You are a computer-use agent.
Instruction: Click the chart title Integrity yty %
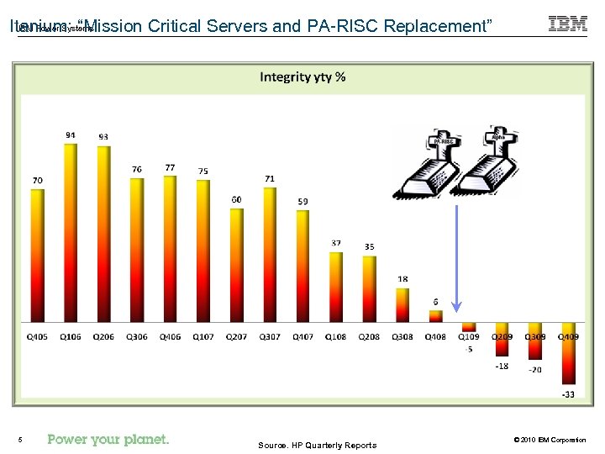[302, 77]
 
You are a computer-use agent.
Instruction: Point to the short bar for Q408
[435, 316]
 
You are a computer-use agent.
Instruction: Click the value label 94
[71, 135]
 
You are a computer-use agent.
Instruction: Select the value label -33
[569, 393]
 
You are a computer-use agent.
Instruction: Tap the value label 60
[236, 199]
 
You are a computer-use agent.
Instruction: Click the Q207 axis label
[236, 336]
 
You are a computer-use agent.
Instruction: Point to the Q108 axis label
[335, 336]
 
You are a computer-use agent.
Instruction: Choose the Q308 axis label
[402, 336]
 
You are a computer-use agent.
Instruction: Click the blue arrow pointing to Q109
[455, 261]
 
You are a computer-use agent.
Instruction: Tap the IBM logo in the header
[568, 24]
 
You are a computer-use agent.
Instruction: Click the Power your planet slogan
[108, 439]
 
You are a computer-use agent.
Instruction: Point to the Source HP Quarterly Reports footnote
[318, 445]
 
